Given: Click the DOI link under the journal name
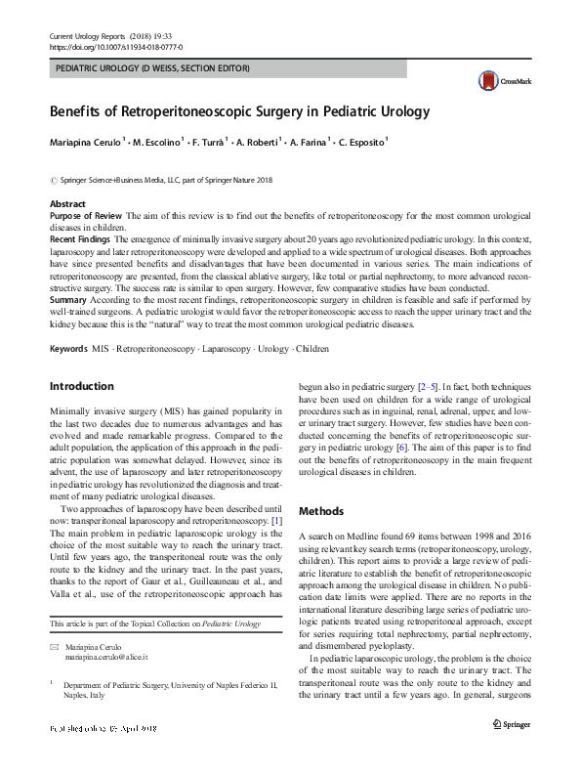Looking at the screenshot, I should coord(115,46).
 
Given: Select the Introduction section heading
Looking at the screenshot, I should coord(82,387).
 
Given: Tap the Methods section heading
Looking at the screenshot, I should coord(321,511).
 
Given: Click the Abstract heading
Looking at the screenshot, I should coord(68,203).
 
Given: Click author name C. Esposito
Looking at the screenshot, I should coord(360,141).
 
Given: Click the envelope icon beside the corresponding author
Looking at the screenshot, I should coord(54,648).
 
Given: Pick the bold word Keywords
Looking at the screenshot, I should coord(69,348).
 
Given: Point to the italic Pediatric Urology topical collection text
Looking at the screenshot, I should coord(241,623).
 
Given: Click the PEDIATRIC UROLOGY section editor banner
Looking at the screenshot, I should coord(151,69).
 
